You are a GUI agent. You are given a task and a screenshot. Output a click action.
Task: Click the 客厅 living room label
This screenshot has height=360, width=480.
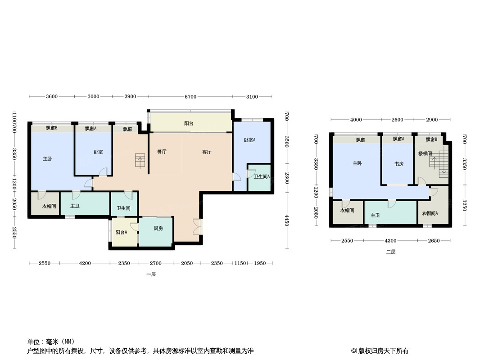point(207,152)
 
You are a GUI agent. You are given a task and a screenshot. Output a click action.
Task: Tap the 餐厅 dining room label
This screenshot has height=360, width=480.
point(162,152)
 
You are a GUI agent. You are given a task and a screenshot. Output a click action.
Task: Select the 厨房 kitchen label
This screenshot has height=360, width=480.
point(158,229)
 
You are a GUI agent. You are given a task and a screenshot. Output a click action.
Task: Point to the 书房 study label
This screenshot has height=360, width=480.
point(398,164)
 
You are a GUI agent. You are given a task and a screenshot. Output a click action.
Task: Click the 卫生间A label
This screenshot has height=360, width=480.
point(261,177)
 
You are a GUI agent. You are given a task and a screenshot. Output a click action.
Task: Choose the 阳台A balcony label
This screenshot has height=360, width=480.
point(121,233)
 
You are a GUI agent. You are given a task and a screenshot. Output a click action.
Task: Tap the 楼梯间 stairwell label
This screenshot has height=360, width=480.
point(425,154)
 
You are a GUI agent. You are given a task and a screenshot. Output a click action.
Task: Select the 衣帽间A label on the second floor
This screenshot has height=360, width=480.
point(430,213)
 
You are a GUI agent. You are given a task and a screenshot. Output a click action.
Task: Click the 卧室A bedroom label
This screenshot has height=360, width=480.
point(249,140)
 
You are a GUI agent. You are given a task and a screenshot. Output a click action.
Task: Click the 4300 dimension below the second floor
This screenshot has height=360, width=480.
point(390,241)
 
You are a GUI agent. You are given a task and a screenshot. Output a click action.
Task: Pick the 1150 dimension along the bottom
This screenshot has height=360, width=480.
point(240,263)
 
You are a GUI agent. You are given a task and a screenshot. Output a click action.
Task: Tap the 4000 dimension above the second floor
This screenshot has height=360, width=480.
point(356,120)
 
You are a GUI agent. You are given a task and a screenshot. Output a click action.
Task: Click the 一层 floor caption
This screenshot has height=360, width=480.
point(151,274)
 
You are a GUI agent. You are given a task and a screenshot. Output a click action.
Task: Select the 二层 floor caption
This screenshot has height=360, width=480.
point(390,252)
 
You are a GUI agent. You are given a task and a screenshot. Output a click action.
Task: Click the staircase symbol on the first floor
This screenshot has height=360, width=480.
point(140,160)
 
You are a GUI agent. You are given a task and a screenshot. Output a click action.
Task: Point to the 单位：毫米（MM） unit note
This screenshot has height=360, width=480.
point(51,342)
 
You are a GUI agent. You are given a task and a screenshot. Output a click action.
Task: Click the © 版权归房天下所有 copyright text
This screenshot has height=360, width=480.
point(380,351)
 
